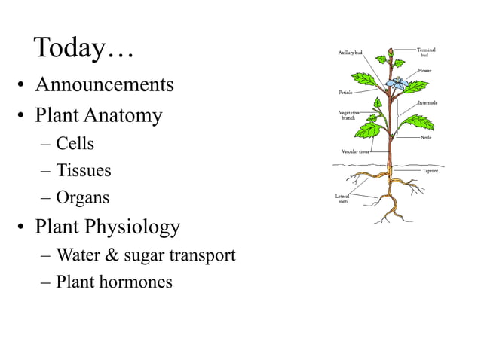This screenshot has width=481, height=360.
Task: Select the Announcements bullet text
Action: point(104,84)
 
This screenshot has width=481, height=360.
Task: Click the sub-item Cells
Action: point(75,143)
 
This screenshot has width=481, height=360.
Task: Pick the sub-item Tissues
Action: point(83,171)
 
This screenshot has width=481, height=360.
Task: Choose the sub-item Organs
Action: point(82,198)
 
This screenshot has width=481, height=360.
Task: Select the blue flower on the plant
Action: point(396,82)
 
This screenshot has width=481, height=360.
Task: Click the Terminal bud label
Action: point(426,52)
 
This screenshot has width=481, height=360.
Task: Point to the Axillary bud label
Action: point(350,53)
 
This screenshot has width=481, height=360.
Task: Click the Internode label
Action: point(427,102)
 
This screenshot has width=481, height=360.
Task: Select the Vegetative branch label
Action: point(348,115)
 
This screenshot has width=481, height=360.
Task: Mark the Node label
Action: point(426,137)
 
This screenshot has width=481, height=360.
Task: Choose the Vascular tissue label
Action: point(355,151)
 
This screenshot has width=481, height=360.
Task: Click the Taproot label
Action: point(430,171)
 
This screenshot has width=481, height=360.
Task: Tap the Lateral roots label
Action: point(342,198)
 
